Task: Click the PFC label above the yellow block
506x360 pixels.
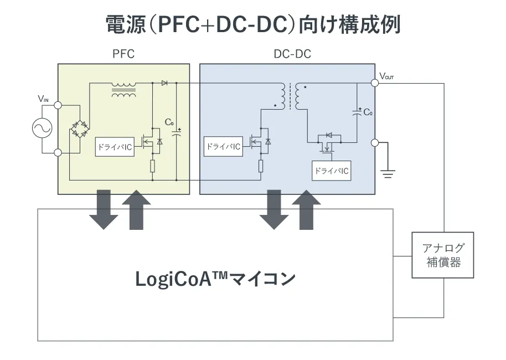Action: coord(123,54)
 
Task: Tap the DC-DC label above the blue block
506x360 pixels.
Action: coord(292,54)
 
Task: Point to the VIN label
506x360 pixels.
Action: coord(43,99)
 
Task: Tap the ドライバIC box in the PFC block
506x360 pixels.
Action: coord(115,147)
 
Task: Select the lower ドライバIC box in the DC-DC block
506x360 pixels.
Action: coord(332,171)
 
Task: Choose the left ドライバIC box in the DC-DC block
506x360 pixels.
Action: coord(223,147)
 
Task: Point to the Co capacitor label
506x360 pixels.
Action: coord(368,112)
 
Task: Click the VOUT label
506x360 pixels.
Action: coord(387,75)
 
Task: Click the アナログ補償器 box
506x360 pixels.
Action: coord(443,255)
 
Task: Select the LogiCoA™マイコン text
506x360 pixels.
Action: coord(215,278)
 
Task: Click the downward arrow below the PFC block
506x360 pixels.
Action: coord(104,209)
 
